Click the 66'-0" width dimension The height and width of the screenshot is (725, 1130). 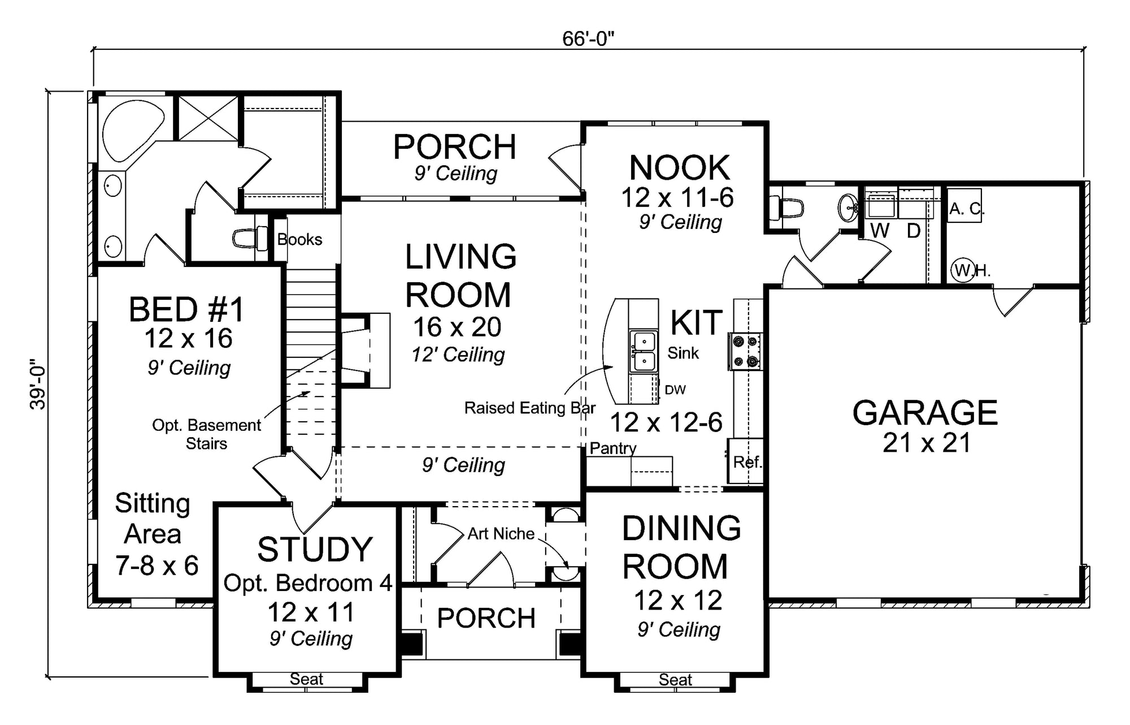(x=588, y=38)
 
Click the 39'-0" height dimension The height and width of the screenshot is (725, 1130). (x=38, y=384)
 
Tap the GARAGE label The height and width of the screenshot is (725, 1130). (x=925, y=413)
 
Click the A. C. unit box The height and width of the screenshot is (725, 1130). (x=964, y=209)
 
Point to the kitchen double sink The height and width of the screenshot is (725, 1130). (x=644, y=351)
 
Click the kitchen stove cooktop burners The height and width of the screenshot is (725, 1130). (x=745, y=351)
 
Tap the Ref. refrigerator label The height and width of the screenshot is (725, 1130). (x=747, y=462)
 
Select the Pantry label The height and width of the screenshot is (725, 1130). (x=613, y=448)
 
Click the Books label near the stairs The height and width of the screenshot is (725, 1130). (x=299, y=240)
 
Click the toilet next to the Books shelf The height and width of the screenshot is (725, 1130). (x=251, y=238)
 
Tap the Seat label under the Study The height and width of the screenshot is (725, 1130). (x=306, y=679)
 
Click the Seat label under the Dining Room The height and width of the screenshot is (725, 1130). (x=675, y=679)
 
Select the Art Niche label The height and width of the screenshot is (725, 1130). (x=501, y=534)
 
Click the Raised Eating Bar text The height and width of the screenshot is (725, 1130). (x=529, y=408)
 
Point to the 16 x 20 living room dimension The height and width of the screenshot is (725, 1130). (x=457, y=327)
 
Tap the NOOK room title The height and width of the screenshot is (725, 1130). (x=680, y=168)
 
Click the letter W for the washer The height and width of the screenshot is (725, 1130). (x=880, y=231)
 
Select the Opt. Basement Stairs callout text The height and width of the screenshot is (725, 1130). (x=206, y=434)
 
